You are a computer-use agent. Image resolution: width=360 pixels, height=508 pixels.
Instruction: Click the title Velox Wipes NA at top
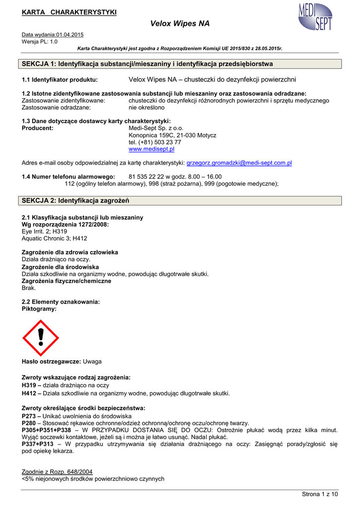coord(180,23)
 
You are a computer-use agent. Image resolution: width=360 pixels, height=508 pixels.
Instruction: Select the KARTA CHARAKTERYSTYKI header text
coord(69,12)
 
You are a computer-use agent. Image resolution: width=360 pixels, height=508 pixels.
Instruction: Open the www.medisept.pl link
coord(151,149)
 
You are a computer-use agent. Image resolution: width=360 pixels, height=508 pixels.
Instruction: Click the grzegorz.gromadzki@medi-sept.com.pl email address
coord(239,163)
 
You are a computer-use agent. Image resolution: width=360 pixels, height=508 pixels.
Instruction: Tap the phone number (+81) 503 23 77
coord(155,142)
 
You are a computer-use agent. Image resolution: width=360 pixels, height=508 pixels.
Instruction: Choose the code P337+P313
coord(37,444)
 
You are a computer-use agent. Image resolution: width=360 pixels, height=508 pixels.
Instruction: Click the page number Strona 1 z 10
coord(320,494)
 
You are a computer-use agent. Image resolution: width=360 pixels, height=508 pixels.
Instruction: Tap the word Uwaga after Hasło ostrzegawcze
coord(92,361)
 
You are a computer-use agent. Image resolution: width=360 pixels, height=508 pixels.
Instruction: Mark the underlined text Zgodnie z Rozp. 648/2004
coord(57,471)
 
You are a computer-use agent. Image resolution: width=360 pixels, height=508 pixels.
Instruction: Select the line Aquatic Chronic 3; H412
coord(55,238)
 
